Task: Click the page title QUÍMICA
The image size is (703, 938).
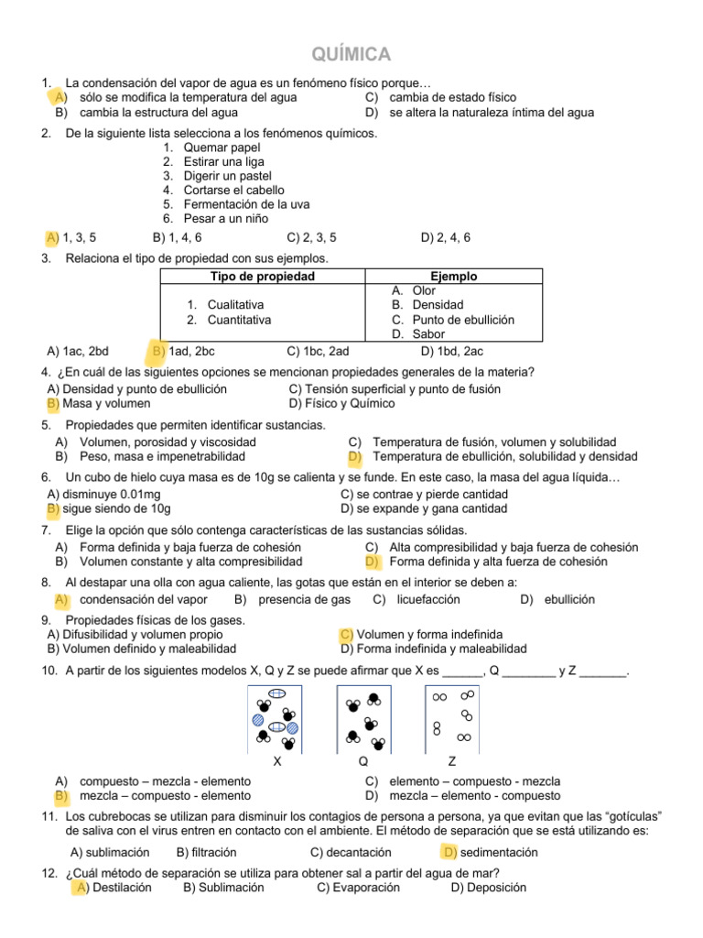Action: coord(351,54)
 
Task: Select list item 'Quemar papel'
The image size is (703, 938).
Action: coord(222,147)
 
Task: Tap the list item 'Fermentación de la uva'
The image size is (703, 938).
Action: coord(240,204)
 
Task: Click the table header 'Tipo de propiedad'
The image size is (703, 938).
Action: coord(263,277)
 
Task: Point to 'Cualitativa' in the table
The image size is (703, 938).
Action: coord(235,305)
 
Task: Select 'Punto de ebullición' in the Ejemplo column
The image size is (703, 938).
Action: coord(463,320)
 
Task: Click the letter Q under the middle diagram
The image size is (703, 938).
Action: coord(363,762)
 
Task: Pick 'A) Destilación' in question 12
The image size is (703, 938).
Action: coord(114,888)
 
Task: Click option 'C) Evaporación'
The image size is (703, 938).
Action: coord(358,888)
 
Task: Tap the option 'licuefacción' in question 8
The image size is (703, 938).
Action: coord(427,600)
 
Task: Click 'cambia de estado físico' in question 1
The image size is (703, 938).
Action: coord(452,97)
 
